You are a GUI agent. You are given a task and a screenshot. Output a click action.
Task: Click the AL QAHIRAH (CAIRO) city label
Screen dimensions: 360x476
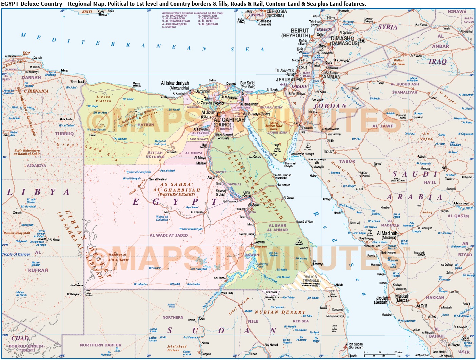coord(229,122)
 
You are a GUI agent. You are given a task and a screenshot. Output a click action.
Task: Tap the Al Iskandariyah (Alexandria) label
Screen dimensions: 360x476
coord(175,85)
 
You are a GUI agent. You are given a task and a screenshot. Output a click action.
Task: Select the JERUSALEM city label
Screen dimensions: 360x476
coord(289,80)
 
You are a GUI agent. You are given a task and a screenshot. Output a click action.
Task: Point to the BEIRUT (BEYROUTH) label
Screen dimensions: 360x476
coord(296,33)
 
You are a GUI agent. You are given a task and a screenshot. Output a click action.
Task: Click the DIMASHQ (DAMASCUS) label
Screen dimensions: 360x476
coord(344,41)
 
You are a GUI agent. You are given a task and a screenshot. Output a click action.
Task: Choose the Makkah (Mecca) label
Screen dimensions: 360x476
coord(402,298)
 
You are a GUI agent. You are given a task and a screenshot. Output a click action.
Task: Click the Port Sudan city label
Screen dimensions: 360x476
coord(355,345)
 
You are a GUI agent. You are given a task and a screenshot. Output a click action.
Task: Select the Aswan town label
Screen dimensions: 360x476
coord(260,242)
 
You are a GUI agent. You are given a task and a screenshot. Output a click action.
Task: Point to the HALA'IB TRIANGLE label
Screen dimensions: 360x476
coord(311,279)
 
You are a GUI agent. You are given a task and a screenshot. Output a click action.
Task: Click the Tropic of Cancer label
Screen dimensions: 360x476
coord(16,254)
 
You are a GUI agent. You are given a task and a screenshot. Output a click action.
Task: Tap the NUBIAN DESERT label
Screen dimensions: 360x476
coord(280,312)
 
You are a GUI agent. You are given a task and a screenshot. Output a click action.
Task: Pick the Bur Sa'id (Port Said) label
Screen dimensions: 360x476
coord(247,85)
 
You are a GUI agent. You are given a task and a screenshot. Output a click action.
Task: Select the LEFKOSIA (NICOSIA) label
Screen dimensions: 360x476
coord(276,13)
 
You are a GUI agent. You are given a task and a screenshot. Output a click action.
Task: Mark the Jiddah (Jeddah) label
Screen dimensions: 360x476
coord(382,300)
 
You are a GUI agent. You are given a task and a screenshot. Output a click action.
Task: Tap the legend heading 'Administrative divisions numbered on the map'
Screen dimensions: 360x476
coord(193,13)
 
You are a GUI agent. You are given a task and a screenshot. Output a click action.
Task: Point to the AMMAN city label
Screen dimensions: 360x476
coord(332,77)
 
